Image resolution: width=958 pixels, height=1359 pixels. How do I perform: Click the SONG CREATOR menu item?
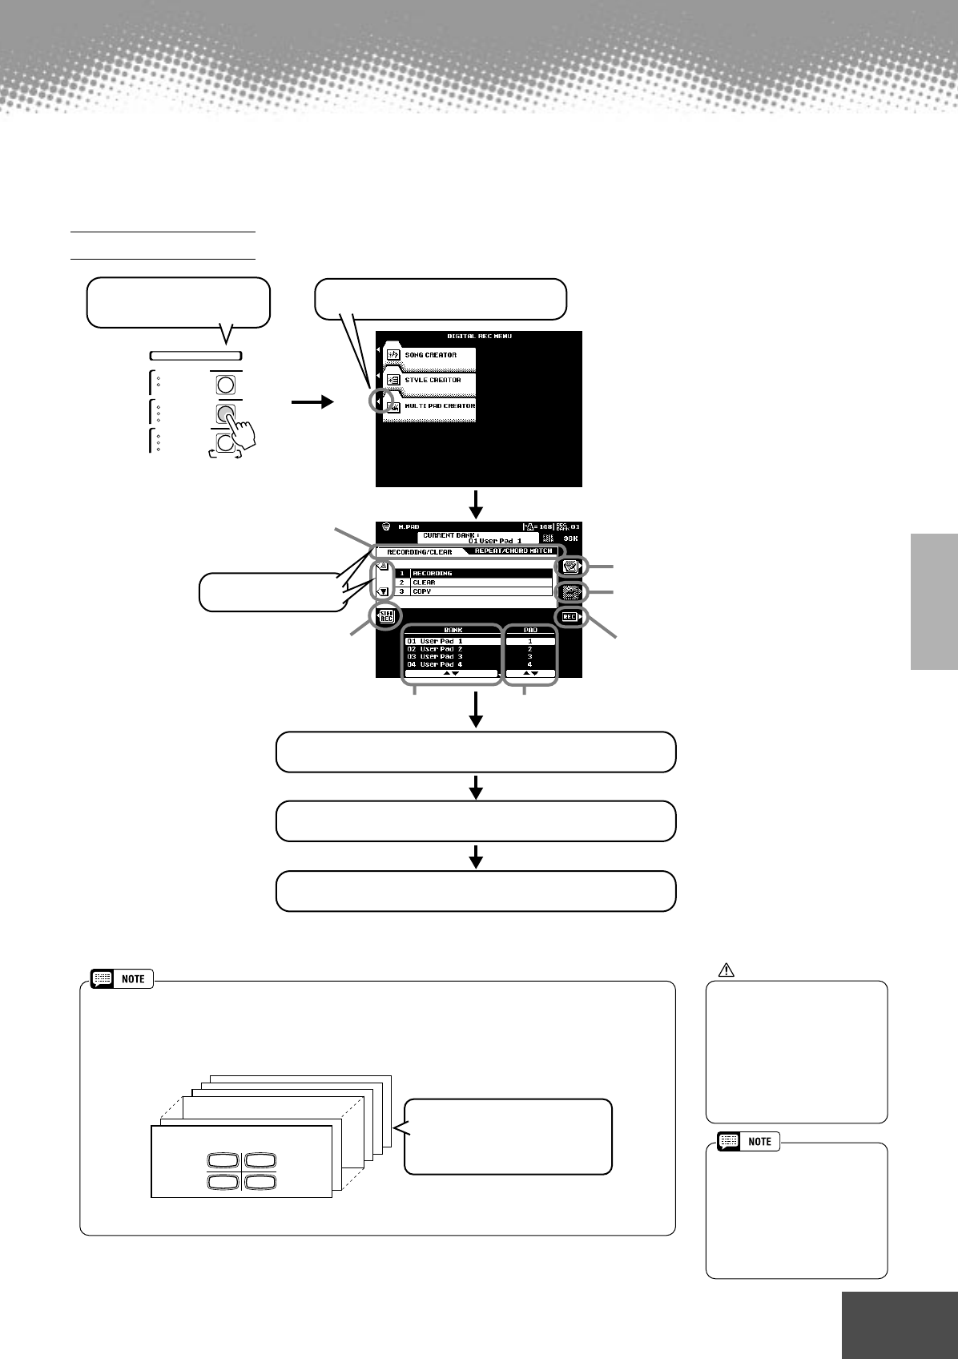coord(430,355)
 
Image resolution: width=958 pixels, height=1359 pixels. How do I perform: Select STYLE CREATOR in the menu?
coord(433,381)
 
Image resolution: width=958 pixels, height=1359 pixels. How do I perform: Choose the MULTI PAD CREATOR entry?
coord(439,406)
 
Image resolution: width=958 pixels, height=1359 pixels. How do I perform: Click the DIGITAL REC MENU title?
coord(479,337)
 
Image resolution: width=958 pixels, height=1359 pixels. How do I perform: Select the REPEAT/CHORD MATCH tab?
coord(513,551)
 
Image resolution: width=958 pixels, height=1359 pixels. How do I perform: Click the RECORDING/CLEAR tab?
coord(419,552)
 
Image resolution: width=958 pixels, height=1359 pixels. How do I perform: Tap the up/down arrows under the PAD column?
coord(530,674)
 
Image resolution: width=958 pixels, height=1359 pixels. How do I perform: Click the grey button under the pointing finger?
coord(226,413)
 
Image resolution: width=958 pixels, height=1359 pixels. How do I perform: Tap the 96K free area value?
coord(570,539)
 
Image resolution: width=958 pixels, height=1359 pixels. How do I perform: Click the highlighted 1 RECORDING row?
coord(473,573)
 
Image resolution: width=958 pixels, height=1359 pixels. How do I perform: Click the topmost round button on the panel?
coord(226,385)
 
